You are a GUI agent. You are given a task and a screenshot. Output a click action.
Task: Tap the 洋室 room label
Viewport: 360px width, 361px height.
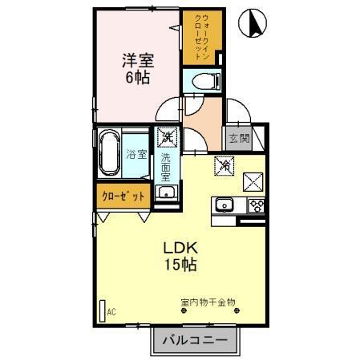pos(138,59)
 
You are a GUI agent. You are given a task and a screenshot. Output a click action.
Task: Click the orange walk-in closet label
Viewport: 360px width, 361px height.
pos(194,38)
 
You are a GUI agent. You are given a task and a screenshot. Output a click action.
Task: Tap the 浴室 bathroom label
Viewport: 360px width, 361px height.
pos(136,154)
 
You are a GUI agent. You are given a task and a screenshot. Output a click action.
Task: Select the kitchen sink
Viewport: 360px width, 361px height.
pos(222,204)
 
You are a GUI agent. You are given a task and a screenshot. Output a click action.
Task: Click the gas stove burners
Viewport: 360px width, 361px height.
pos(256,205)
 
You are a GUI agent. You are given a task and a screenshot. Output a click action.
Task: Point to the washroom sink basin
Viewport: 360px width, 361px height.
pos(166,193)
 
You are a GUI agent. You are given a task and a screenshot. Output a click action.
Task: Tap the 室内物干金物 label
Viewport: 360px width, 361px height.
pos(208,302)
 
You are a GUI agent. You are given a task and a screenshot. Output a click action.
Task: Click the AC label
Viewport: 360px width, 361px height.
pos(111,311)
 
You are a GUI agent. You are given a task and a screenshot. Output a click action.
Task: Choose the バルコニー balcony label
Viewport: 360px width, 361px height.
pos(196,340)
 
